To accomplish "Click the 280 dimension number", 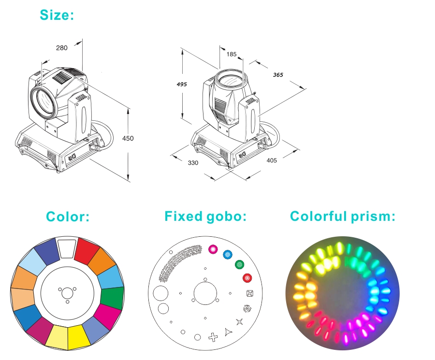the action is (61, 48).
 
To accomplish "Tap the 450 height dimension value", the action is (128, 138).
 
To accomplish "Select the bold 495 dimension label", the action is (182, 84).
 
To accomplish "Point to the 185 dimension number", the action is (232, 54).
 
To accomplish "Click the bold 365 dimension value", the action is (278, 75).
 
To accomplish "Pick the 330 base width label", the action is (193, 163).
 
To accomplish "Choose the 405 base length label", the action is (272, 160).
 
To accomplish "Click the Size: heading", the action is (57, 14).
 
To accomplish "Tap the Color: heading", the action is (68, 216).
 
